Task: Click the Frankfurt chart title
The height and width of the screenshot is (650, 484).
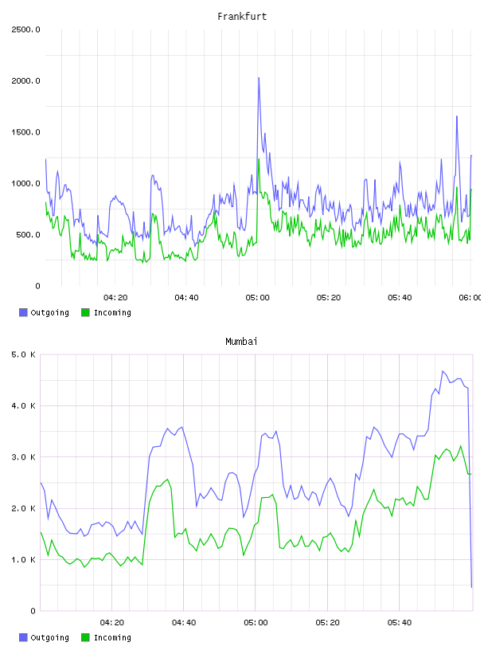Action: coord(242,17)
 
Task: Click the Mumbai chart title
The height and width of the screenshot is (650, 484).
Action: coord(241,342)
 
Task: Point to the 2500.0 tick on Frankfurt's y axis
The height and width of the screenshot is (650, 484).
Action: coord(25,29)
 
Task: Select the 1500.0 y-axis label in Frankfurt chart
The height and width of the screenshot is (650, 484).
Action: coord(25,132)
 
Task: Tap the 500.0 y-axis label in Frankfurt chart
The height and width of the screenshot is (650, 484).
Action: coord(28,235)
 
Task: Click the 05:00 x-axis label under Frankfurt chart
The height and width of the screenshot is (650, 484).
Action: coord(257,298)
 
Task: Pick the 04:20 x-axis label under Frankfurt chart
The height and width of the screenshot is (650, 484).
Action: coord(115,298)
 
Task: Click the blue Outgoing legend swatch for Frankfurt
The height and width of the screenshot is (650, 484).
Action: coord(23,312)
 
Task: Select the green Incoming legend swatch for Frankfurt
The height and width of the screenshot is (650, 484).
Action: coord(85,312)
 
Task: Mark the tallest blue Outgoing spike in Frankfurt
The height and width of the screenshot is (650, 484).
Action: coord(259,78)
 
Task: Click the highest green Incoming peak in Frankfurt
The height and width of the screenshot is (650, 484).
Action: coord(259,159)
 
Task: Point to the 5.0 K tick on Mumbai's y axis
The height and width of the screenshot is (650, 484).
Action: coord(23,354)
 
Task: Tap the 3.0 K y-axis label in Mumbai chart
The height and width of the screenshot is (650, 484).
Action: coord(23,457)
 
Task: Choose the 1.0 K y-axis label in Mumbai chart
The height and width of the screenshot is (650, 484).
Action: coord(23,560)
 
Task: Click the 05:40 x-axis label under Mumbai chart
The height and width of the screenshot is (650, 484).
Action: coord(400,623)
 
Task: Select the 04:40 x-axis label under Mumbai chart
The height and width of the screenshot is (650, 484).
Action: coord(184,623)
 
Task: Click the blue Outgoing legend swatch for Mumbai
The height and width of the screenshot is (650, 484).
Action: coord(23,637)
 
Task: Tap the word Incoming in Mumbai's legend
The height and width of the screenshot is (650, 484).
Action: coord(112,637)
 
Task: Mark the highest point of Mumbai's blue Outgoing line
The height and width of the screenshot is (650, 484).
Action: coord(443,371)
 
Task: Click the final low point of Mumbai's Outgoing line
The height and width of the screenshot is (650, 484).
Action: coord(471,587)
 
